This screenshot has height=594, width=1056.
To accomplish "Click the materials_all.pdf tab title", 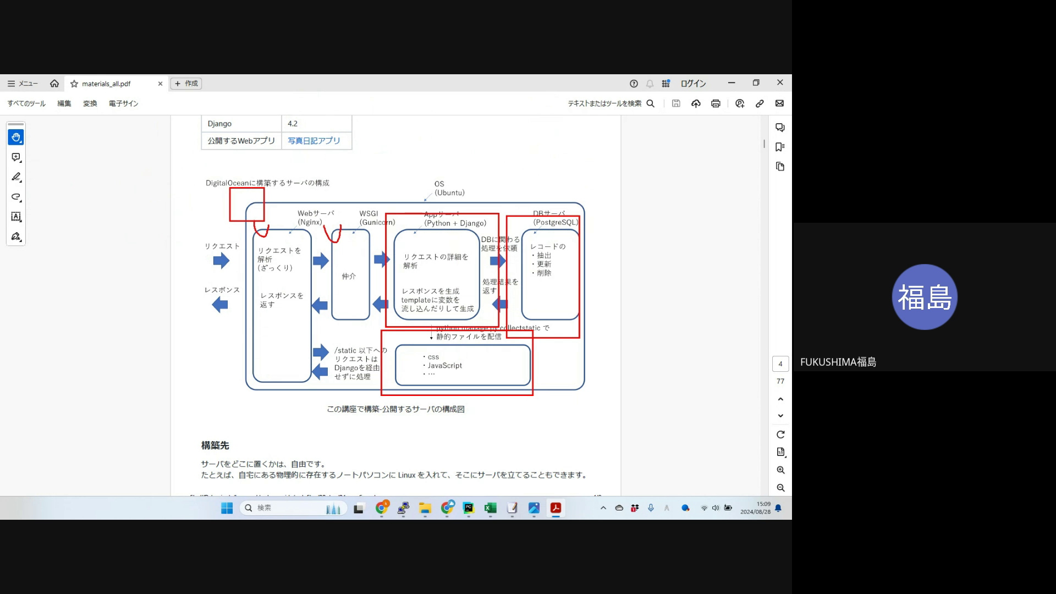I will (x=106, y=84).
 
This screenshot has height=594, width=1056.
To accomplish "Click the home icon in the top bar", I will (x=54, y=84).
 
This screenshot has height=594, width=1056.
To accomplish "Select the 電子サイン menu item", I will (x=123, y=103).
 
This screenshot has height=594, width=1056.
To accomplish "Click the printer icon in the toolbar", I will (x=716, y=103).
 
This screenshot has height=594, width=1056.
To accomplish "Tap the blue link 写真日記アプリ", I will (x=314, y=141).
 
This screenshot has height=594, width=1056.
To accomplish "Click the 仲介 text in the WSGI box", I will (x=349, y=276).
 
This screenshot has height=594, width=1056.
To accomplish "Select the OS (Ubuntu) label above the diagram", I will (x=449, y=188).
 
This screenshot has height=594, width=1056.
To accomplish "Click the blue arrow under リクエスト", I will (x=221, y=261).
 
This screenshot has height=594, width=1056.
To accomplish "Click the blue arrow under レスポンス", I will (x=220, y=304).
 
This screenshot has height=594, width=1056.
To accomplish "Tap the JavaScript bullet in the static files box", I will (x=444, y=366).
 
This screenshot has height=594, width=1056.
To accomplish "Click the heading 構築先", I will (x=215, y=446).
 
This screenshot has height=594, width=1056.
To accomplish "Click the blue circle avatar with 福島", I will (x=924, y=297).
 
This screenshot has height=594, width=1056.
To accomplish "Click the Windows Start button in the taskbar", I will (x=227, y=508).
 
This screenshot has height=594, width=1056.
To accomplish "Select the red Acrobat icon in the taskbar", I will (x=555, y=508).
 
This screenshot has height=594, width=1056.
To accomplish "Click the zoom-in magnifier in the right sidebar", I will (x=780, y=470).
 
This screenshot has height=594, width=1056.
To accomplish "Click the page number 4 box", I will (x=780, y=364).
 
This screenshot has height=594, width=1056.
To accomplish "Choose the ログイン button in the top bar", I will (x=693, y=84).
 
